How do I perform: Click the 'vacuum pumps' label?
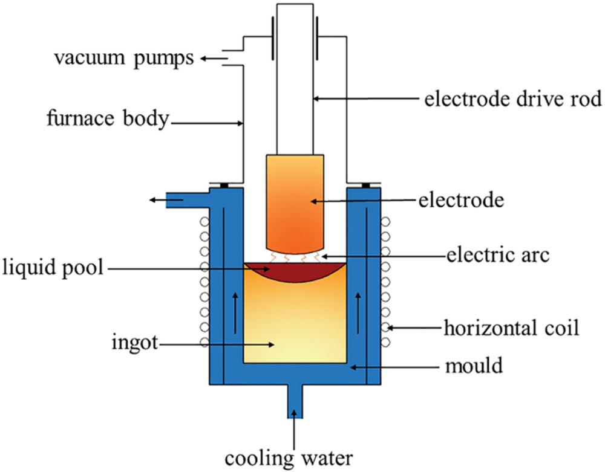124,59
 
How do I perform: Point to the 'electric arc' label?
498,256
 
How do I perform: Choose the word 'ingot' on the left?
135,344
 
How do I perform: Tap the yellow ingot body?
294,326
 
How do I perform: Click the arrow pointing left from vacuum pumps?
209,59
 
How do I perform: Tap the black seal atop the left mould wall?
223,184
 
